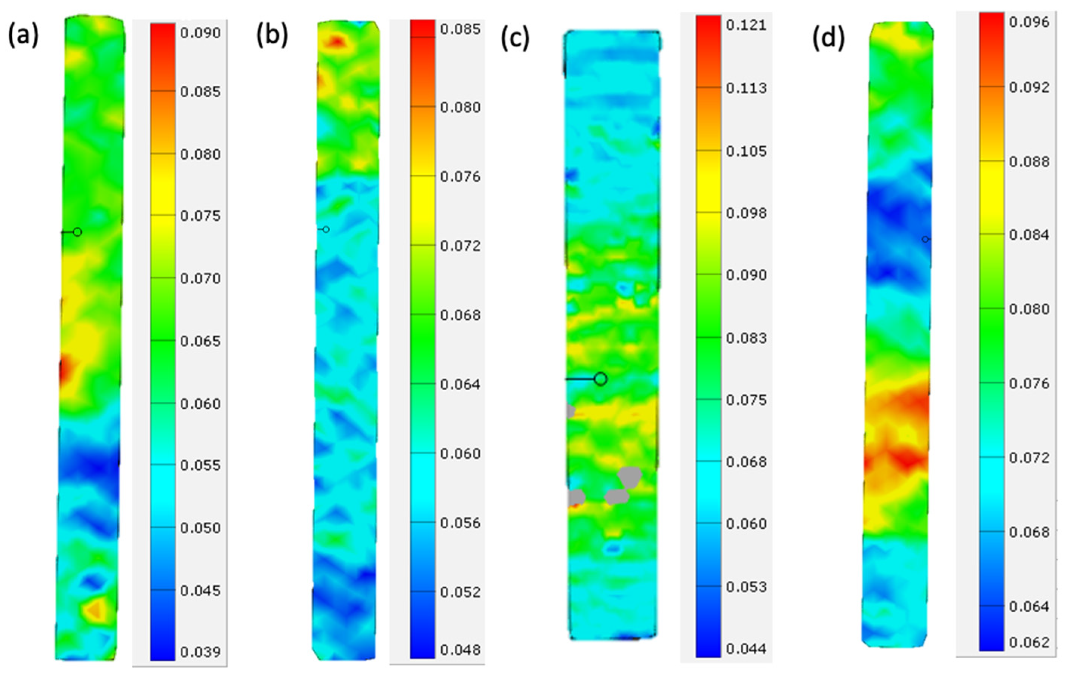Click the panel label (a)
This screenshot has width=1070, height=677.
tap(23, 36)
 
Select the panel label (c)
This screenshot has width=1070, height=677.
tap(515, 39)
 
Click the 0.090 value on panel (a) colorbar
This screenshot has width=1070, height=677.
tap(200, 33)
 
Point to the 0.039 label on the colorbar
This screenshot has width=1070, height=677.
tap(200, 652)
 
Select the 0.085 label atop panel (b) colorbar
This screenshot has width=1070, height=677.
tap(460, 30)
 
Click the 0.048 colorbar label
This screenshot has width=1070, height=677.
tap(460, 650)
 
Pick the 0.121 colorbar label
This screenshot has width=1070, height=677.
tap(746, 25)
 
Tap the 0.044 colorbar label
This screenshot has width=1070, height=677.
tap(746, 649)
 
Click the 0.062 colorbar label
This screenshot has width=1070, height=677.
tap(1029, 642)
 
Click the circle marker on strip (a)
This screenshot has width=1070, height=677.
tap(77, 232)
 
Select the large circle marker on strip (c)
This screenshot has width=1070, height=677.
tap(600, 379)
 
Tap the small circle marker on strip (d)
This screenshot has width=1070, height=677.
tap(925, 239)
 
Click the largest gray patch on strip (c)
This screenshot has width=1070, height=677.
tap(630, 477)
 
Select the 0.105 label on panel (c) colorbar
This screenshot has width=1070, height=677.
tap(746, 151)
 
